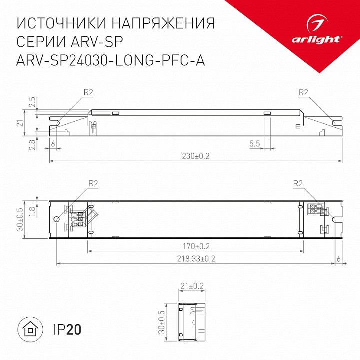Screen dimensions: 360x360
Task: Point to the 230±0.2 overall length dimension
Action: pos(196,156)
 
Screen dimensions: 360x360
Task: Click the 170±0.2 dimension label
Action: pos(196,246)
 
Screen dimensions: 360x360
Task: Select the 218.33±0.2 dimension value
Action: pos(196,258)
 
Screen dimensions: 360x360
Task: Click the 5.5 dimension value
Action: pos(254,144)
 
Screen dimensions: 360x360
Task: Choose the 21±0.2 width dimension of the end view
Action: pos(191,286)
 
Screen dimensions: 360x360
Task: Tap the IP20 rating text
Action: pos(66,330)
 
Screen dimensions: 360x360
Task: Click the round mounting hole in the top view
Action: pos(57,219)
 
